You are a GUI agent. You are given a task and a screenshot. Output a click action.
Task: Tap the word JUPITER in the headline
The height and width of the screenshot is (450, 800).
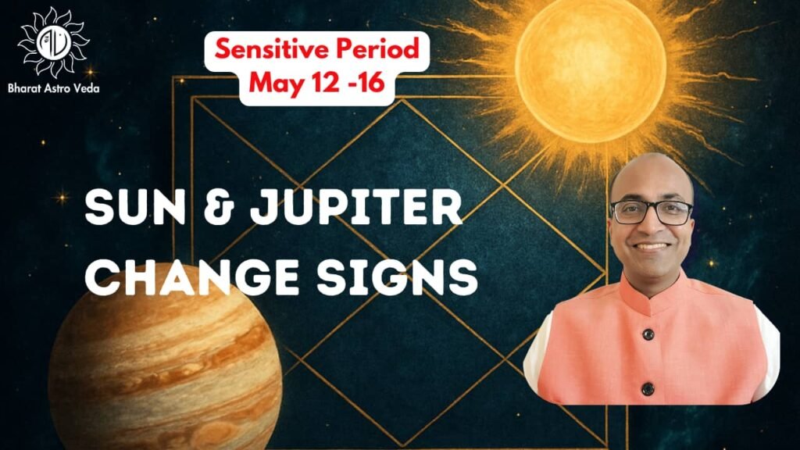(356, 208)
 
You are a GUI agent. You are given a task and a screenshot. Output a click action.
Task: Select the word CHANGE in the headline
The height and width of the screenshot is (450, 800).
(191, 277)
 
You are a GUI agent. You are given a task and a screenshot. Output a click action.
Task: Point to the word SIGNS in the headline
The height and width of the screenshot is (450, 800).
(397, 277)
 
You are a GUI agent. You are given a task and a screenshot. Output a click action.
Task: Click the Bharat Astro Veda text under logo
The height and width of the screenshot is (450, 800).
(54, 88)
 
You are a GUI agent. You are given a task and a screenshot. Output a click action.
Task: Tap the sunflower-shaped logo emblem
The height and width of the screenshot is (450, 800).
(53, 42)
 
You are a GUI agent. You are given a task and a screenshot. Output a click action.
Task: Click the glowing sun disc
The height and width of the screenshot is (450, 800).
(591, 70)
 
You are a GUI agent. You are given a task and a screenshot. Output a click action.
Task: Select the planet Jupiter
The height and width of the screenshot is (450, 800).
(165, 371)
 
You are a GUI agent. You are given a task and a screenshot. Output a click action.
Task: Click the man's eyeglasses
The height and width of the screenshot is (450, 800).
(652, 212)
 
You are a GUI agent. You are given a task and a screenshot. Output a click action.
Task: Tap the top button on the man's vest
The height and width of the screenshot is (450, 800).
(648, 334)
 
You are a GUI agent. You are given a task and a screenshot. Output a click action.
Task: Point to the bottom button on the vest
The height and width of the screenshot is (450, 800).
(648, 389)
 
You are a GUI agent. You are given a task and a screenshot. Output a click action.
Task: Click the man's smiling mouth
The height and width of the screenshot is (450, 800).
(652, 247)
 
